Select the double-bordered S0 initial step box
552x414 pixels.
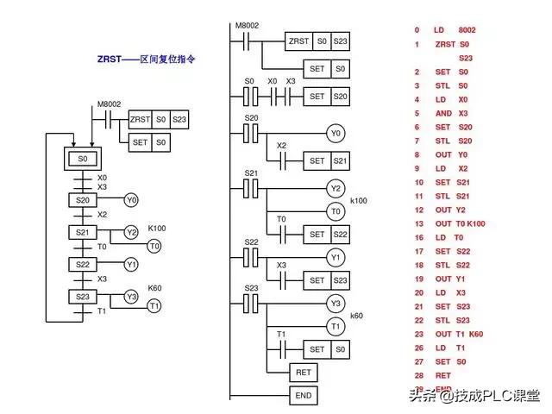[x=83, y=159]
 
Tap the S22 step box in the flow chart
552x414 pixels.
[x=83, y=264]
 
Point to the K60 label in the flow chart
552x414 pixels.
[x=155, y=287]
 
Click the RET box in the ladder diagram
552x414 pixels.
[x=302, y=373]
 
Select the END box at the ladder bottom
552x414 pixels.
[x=302, y=397]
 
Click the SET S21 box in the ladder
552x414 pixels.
[x=327, y=160]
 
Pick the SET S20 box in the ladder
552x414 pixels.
[x=327, y=97]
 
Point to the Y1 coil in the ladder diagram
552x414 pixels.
[x=336, y=257]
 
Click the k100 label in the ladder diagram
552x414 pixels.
[x=358, y=200]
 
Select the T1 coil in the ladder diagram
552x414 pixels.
[x=336, y=325]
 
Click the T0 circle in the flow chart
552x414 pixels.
[x=154, y=246]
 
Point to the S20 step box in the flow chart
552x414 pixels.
[x=83, y=200]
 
